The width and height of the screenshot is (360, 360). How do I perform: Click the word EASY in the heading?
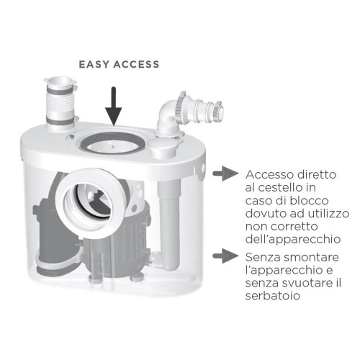pyautogui.click(x=94, y=64)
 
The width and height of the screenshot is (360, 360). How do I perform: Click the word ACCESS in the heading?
pyautogui.click(x=136, y=64)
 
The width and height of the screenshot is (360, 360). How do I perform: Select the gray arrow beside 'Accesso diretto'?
pyautogui.click(x=230, y=173)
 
